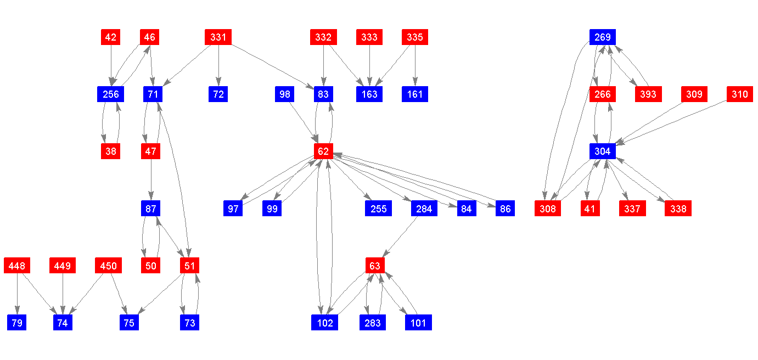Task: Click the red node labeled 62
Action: click(323, 151)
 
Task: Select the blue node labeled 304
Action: click(603, 151)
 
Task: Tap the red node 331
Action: click(218, 37)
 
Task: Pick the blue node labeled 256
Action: click(111, 94)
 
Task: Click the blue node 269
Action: click(603, 37)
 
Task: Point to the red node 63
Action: click(375, 266)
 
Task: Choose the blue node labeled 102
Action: click(325, 323)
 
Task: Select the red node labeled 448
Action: click(17, 266)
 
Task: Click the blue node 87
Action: click(151, 209)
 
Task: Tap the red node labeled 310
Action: click(739, 94)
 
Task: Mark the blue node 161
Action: click(415, 94)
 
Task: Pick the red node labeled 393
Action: click(648, 94)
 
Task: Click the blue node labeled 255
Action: click(378, 209)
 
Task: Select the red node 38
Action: click(111, 151)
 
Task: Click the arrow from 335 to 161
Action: click(415, 66)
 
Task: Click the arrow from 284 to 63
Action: click(400, 237)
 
